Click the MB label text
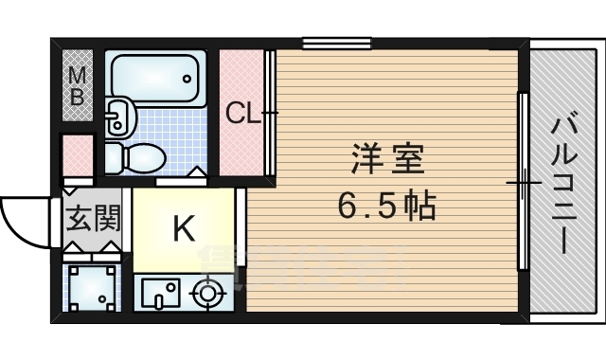click(x=78, y=84)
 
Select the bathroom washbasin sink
click(x=118, y=117)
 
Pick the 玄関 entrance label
click(x=93, y=221)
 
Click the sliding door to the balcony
click(x=522, y=180)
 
